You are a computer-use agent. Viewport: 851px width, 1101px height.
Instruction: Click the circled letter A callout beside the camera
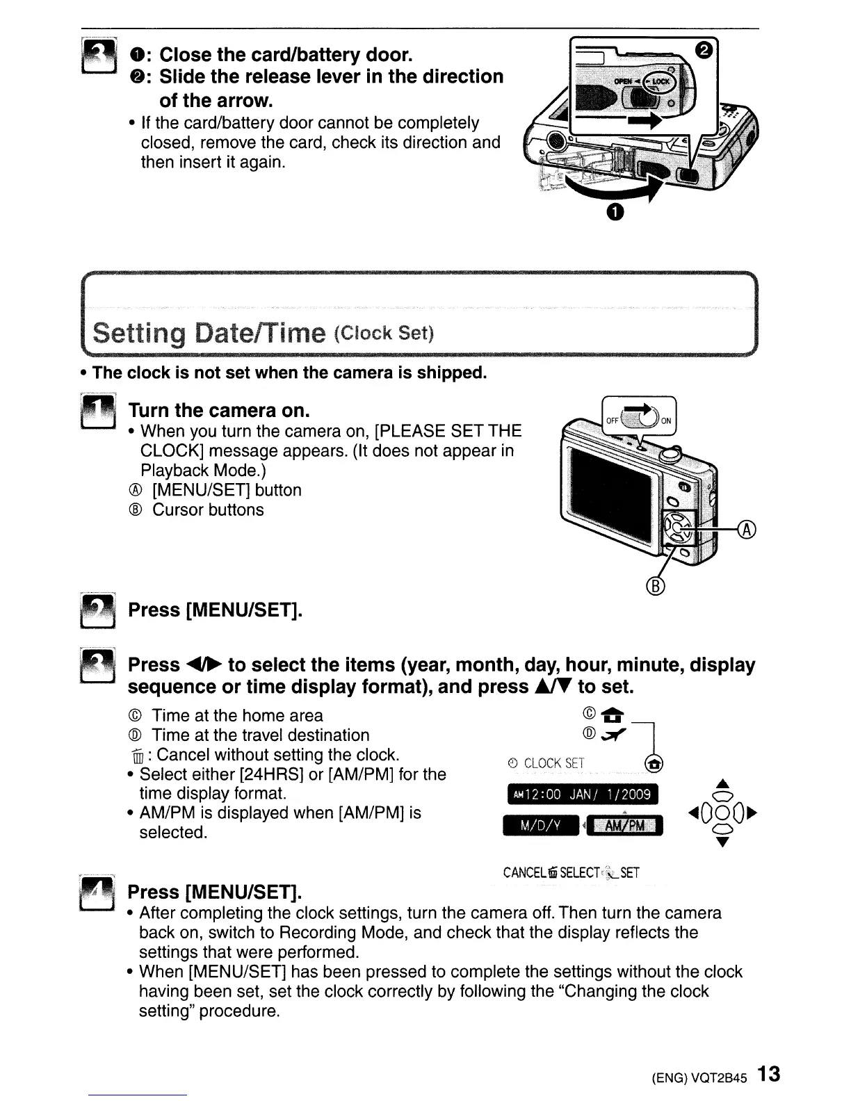pos(747,530)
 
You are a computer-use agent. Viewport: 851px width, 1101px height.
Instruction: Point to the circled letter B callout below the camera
pos(656,587)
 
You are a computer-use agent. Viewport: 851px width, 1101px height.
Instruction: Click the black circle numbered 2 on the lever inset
pos(704,49)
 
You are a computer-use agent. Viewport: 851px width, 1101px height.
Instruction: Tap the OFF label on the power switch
pos(612,421)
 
